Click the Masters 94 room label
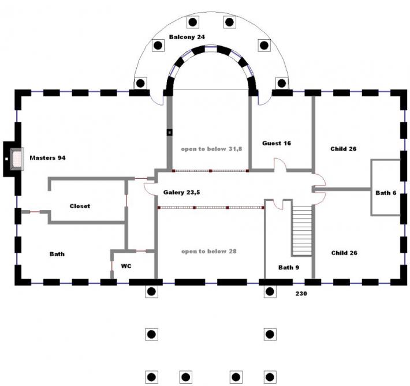[x=47, y=158]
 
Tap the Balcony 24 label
[x=187, y=37]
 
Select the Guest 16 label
[x=276, y=143]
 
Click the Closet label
[x=80, y=206]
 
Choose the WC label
[x=127, y=266]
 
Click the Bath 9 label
[x=288, y=267]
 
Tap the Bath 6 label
[x=386, y=193]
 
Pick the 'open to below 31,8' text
[x=211, y=149]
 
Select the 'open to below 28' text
[x=208, y=252]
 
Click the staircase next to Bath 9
[x=302, y=231]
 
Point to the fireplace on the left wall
[x=13, y=159]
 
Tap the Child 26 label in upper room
[x=343, y=149]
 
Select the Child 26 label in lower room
[x=343, y=253]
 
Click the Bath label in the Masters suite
[x=57, y=254]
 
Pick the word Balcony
[x=180, y=37]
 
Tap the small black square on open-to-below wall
[x=170, y=132]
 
